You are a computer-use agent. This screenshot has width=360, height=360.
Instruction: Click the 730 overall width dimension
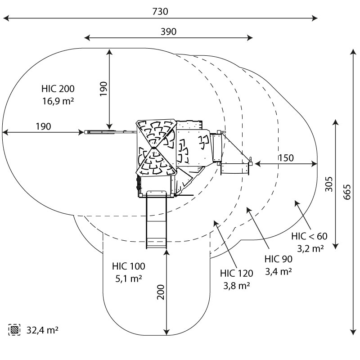click(x=160, y=12)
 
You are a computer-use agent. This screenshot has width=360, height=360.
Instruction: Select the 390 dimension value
click(x=168, y=31)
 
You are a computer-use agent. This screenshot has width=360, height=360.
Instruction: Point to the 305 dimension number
click(x=329, y=183)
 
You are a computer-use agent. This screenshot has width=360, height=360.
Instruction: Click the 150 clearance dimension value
click(x=285, y=158)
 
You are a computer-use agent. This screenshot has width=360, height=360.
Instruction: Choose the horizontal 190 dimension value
click(x=43, y=126)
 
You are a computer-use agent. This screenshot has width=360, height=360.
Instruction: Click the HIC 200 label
click(x=58, y=89)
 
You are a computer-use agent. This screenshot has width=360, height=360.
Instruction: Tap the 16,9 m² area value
click(x=58, y=101)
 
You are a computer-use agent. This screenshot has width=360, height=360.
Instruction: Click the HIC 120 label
click(x=237, y=273)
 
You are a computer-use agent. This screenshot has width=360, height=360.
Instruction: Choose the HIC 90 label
click(x=279, y=259)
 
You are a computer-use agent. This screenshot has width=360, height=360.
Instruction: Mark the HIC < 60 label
click(x=309, y=236)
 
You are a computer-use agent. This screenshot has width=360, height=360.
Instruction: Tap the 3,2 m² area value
click(x=310, y=248)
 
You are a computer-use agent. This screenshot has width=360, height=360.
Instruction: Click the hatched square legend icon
click(x=15, y=330)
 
